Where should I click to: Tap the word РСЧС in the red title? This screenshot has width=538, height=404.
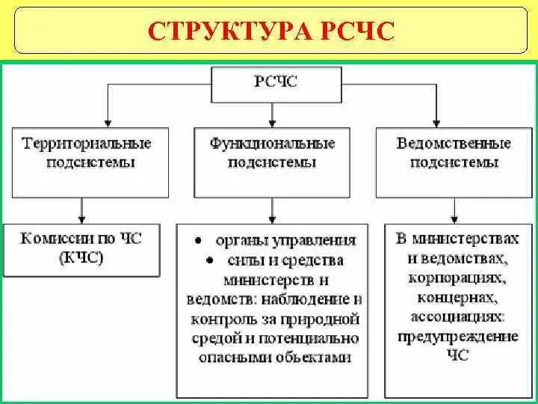[353, 31]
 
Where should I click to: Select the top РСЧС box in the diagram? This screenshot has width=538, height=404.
[276, 83]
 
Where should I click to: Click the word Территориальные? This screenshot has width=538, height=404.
[87, 142]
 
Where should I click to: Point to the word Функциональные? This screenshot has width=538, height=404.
[272, 142]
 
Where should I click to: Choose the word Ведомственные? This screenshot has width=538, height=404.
[454, 142]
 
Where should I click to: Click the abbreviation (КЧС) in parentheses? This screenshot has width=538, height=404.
[80, 259]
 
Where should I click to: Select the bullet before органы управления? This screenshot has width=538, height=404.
[197, 242]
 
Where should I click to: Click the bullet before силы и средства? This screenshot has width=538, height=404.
[211, 261]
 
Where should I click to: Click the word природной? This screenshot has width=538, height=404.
[322, 319]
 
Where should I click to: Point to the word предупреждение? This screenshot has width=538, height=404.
[458, 337]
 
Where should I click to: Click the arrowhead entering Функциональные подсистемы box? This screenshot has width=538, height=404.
[272, 122]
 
